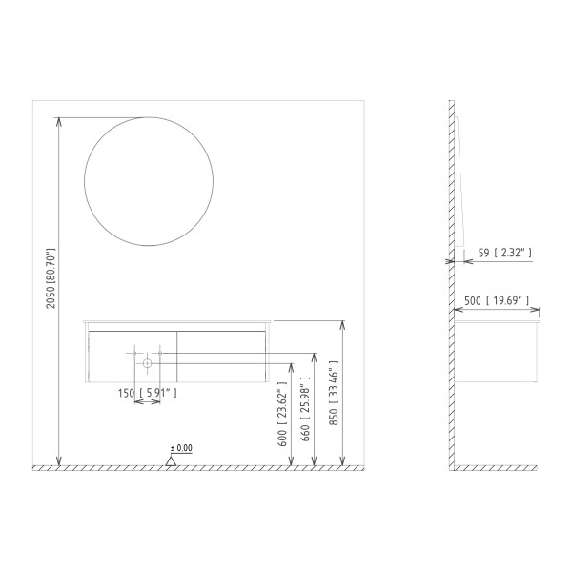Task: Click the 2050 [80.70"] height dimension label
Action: [x=51, y=278]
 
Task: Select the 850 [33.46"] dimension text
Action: [x=334, y=393]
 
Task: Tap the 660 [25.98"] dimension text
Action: [x=305, y=408]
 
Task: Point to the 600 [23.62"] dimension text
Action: [x=282, y=414]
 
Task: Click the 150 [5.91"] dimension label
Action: [x=148, y=393]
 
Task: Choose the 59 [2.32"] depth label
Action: [x=505, y=253]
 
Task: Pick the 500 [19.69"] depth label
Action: [x=497, y=300]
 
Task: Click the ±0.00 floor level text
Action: [x=181, y=448]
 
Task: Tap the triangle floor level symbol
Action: [x=171, y=461]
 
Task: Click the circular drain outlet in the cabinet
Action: [x=147, y=363]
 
